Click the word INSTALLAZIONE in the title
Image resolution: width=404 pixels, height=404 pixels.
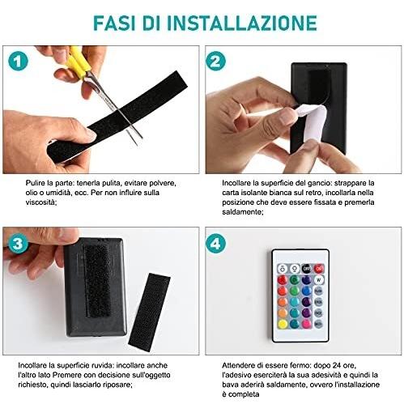pyautogui.click(x=242, y=23)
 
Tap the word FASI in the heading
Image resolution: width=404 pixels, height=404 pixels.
pyautogui.click(x=114, y=23)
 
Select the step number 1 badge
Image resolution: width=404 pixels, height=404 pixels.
pyautogui.click(x=18, y=61)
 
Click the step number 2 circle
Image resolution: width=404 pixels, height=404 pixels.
pyautogui.click(x=215, y=61)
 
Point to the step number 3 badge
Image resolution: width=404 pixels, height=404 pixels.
pyautogui.click(x=18, y=245)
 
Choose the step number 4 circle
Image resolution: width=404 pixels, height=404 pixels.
pyautogui.click(x=215, y=244)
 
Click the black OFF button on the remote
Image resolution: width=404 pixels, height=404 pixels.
pyautogui.click(x=306, y=269)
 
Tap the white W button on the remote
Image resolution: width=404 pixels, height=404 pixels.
pyautogui.click(x=319, y=280)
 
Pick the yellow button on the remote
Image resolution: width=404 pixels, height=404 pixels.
pyautogui.click(x=283, y=324)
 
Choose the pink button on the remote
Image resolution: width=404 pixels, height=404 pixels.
pyautogui.click(x=306, y=324)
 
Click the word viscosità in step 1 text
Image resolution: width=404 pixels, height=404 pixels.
pyautogui.click(x=41, y=202)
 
